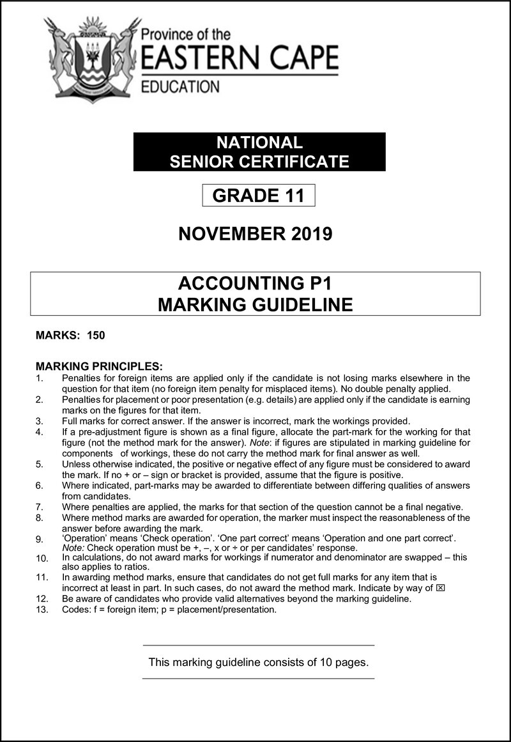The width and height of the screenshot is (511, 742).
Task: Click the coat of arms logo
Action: [93, 59]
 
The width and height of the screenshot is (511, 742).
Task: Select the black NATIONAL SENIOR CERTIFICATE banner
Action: [259, 151]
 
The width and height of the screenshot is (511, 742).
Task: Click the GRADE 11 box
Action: [259, 195]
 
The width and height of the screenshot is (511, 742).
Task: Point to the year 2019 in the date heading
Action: [310, 234]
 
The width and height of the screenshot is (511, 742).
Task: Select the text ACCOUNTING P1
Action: [255, 283]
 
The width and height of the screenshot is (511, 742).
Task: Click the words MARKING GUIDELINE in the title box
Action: [255, 305]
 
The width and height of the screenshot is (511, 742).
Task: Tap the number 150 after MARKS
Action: [96, 336]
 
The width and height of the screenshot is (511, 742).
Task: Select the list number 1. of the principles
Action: [40, 378]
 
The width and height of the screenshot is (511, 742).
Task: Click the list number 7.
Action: [40, 507]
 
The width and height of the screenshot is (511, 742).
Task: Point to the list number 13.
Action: [42, 610]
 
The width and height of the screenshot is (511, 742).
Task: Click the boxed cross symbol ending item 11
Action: [439, 587]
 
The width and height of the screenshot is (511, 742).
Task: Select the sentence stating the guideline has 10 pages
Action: [258, 662]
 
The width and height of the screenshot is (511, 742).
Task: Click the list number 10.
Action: [42, 558]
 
